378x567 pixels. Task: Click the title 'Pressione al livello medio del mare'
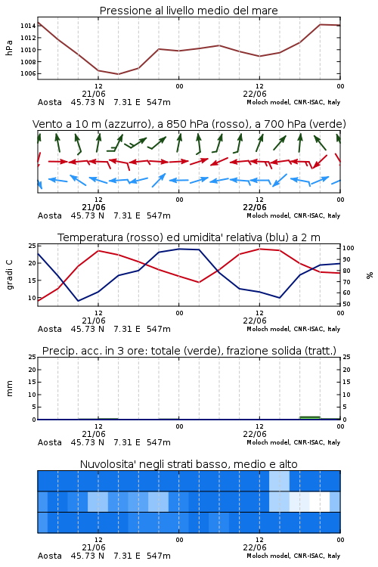(x=188, y=11)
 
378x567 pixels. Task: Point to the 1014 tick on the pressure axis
(x=28, y=26)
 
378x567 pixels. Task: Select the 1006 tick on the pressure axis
(x=28, y=73)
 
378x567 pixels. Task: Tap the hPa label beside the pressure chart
(x=9, y=48)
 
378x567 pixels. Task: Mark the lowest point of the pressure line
(x=118, y=74)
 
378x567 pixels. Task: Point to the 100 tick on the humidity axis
(x=348, y=248)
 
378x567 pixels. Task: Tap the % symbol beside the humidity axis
(x=370, y=275)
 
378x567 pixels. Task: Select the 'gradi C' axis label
(x=10, y=274)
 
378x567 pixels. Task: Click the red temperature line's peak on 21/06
(x=98, y=250)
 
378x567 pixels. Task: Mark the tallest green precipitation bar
(x=310, y=417)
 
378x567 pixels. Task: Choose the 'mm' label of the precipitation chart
(x=9, y=389)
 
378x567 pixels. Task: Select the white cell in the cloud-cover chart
(x=320, y=501)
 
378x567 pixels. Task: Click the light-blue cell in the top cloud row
(x=279, y=481)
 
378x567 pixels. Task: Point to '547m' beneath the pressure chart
(x=159, y=102)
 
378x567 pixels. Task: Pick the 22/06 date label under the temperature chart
(x=255, y=321)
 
